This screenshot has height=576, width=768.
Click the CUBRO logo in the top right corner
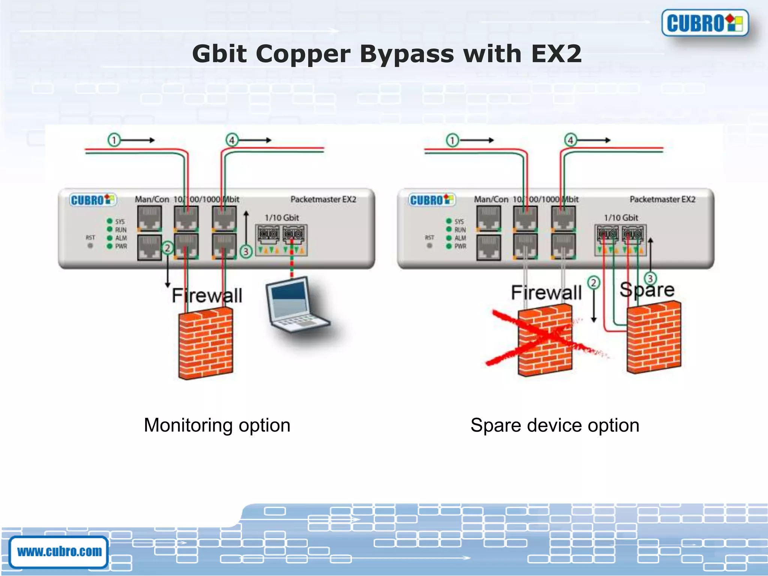(x=705, y=23)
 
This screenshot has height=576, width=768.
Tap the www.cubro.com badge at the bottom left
(x=59, y=552)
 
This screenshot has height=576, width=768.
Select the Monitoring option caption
(x=217, y=425)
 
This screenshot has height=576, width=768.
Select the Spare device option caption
(x=555, y=425)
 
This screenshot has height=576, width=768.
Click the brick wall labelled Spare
(x=654, y=337)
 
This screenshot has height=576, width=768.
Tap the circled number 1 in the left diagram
(x=114, y=140)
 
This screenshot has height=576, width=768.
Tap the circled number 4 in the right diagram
(x=571, y=140)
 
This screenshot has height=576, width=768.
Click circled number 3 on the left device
(x=246, y=251)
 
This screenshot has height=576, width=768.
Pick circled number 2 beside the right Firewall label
(x=594, y=283)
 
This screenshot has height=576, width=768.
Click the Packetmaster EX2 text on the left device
(x=323, y=199)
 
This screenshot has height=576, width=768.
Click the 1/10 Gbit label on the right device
(x=621, y=217)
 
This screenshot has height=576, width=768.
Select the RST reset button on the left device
(x=90, y=246)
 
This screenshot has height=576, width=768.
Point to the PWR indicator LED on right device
(x=449, y=246)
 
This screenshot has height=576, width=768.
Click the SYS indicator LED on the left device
(x=109, y=221)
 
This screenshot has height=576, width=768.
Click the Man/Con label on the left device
(x=152, y=199)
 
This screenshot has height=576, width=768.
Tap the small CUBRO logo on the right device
(x=432, y=200)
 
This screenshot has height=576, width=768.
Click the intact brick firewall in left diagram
(x=205, y=343)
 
